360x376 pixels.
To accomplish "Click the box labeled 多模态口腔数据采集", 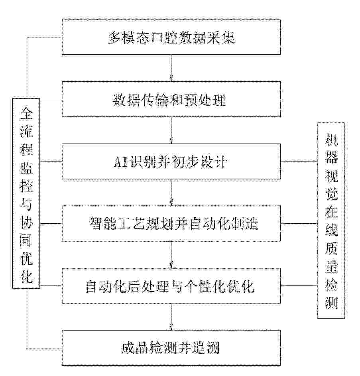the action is click(171, 37).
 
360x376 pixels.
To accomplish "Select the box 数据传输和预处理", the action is click(171, 99).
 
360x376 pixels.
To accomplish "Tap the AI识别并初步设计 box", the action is click(171, 161).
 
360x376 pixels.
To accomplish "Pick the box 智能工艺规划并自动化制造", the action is click(171, 224).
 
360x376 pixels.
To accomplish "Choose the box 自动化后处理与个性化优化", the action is click(171, 286).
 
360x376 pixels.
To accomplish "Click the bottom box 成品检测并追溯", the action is click(171, 348).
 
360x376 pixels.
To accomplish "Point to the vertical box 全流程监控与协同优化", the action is click(26, 193).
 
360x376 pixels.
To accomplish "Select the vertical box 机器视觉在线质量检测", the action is click(331, 220).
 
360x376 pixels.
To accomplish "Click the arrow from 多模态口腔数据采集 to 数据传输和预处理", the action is click(171, 68).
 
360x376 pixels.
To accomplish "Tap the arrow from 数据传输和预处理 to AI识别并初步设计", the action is click(171, 130).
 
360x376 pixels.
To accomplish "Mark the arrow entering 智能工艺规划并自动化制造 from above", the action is click(171, 192).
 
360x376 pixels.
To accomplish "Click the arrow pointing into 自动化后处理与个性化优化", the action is click(171, 255).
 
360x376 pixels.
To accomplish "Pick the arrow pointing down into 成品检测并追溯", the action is click(171, 317).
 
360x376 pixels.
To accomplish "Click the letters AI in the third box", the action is click(120, 162).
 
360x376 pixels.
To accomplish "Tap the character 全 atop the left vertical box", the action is click(26, 113).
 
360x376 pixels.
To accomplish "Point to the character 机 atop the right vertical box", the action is click(331, 140).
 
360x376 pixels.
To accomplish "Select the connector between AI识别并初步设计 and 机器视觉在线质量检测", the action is click(299, 161).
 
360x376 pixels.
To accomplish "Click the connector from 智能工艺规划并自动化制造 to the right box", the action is click(299, 224).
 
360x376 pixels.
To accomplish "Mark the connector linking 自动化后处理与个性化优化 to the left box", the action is click(51, 285).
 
